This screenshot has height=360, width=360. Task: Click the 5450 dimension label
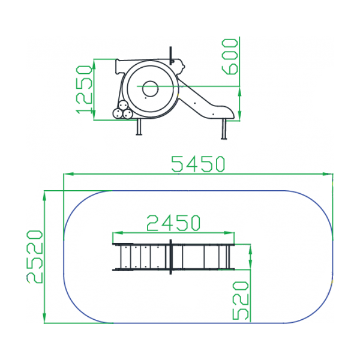(x=198, y=164)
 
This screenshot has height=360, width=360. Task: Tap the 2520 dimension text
(x=35, y=257)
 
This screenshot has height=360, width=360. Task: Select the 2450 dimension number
(x=173, y=223)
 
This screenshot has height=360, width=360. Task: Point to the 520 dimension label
(x=241, y=301)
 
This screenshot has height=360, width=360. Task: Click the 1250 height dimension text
(x=84, y=89)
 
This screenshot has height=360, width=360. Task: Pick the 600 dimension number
(x=230, y=57)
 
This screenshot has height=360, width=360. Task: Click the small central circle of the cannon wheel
(x=151, y=89)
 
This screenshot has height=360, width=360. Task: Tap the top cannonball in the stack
(x=123, y=106)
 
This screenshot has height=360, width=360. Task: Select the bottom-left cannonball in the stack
(x=118, y=113)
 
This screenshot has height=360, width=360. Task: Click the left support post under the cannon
(x=139, y=127)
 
